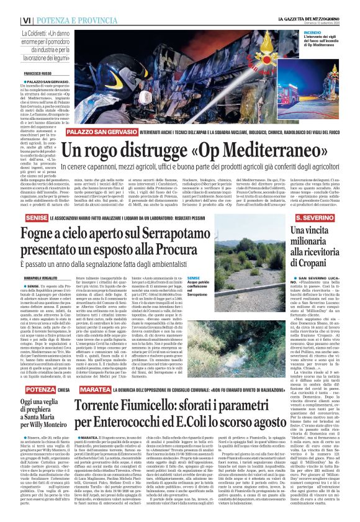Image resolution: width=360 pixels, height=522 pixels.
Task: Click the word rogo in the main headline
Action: [113, 150]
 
